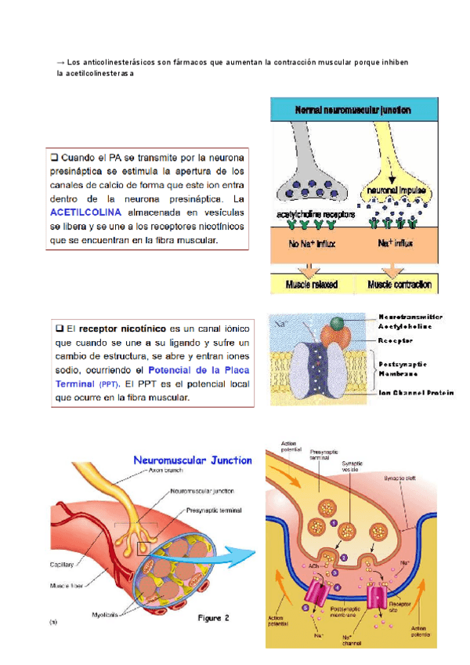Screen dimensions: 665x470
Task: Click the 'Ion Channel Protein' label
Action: pyautogui.click(x=417, y=394)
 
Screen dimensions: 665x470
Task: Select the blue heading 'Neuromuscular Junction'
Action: pyautogui.click(x=193, y=460)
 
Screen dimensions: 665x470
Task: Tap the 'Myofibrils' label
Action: pyautogui.click(x=105, y=614)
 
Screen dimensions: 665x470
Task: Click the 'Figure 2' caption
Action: pyautogui.click(x=213, y=619)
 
